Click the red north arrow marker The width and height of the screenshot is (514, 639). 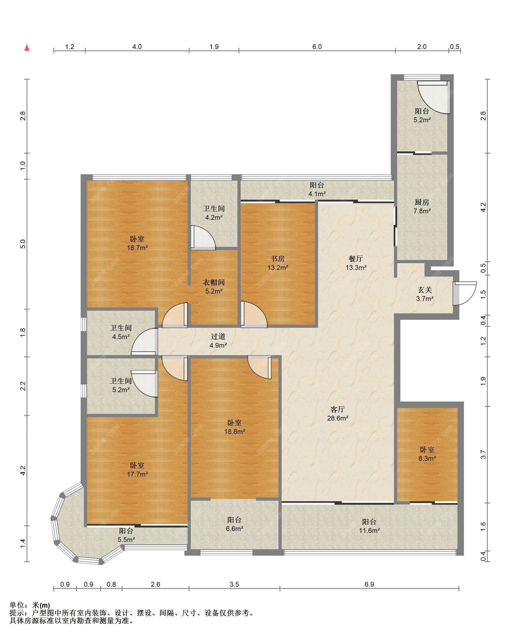click(x=27, y=47)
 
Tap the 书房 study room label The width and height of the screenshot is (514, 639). click(x=278, y=259)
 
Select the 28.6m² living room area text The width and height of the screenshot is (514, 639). click(x=337, y=418)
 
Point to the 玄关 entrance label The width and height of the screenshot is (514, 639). click(x=425, y=290)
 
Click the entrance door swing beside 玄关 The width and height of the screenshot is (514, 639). click(x=464, y=293)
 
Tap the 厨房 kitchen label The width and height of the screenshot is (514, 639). click(x=422, y=202)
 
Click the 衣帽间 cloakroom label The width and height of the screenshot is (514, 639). click(x=214, y=283)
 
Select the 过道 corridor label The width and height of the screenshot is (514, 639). click(x=218, y=336)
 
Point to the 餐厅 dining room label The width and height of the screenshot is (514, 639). click(x=356, y=259)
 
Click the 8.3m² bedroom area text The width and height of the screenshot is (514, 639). click(x=427, y=459)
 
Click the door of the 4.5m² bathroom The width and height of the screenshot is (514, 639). click(x=144, y=341)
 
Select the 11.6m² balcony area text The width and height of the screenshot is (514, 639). click(x=370, y=530)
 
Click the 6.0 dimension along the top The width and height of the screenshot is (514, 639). click(x=317, y=47)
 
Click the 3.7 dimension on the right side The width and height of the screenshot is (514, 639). click(x=483, y=454)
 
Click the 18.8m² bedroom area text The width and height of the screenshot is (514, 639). click(x=234, y=432)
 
